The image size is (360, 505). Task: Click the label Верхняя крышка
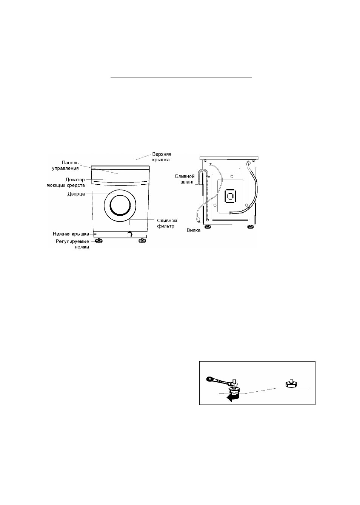click(x=162, y=157)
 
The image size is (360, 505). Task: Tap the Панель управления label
click(x=65, y=165)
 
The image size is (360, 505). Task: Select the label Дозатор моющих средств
click(x=66, y=182)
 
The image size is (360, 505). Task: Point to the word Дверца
click(x=76, y=194)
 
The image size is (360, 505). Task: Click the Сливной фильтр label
click(x=167, y=223)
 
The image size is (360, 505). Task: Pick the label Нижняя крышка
click(x=71, y=234)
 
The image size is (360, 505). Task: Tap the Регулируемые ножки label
click(x=72, y=244)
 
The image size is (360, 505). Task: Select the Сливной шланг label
click(x=185, y=179)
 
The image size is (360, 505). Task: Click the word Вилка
click(x=193, y=230)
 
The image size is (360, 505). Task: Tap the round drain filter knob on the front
click(x=129, y=235)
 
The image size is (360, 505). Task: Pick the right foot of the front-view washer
click(x=142, y=241)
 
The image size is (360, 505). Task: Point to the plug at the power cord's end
click(x=199, y=222)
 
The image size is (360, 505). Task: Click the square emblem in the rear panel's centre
click(x=230, y=196)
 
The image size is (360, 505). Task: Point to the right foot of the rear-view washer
click(x=250, y=227)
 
